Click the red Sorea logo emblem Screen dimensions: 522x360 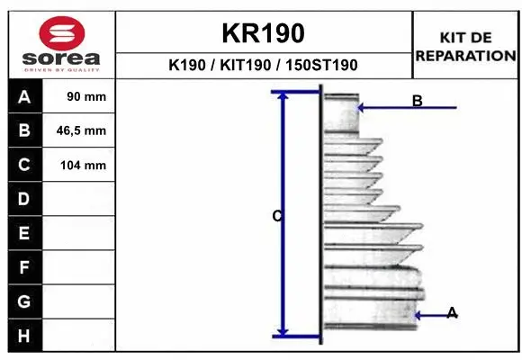click(62, 33)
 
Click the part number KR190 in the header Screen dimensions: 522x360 click(263, 33)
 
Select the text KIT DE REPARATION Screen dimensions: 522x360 click(465, 47)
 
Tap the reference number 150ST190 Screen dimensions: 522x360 click(321, 65)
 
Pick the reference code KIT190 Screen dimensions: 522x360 click(246, 65)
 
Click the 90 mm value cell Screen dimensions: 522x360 click(79, 96)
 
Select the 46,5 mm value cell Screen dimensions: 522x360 click(79, 130)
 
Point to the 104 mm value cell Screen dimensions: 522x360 click(79, 165)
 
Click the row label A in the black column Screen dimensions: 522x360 click(24, 97)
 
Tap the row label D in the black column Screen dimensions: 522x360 click(23, 199)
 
